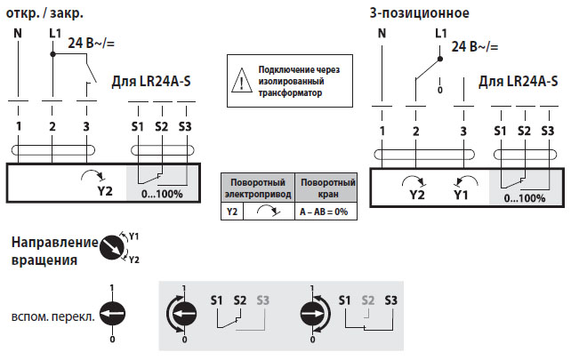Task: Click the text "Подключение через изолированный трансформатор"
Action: point(299,81)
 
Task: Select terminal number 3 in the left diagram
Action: point(86,126)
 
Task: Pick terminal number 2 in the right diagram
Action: point(415,132)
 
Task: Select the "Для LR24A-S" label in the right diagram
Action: point(519,82)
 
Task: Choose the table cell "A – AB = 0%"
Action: point(321,212)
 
